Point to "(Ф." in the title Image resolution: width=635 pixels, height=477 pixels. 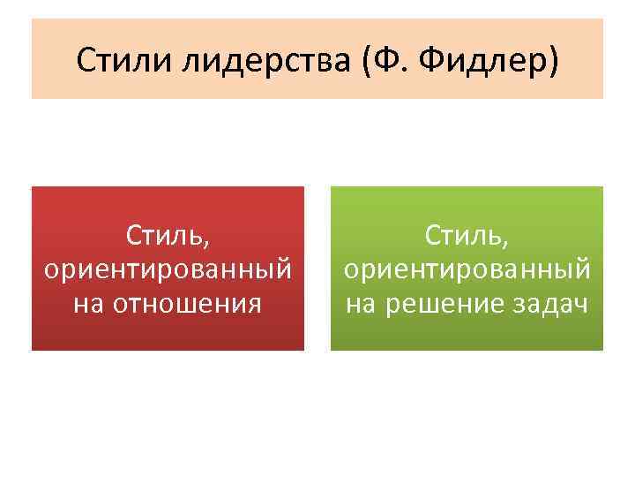[375, 60]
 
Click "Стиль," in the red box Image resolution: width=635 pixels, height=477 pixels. [168, 237]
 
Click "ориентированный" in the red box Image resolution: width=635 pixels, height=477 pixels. [168, 269]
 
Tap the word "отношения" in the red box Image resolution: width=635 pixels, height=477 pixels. [193, 303]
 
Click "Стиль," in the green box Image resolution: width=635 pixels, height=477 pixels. [467, 237]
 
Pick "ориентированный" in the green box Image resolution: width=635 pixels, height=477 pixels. [467, 269]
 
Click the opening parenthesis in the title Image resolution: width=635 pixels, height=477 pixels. [357, 60]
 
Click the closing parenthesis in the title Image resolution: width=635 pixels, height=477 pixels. [554, 60]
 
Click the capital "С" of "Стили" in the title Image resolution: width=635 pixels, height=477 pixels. [84, 60]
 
